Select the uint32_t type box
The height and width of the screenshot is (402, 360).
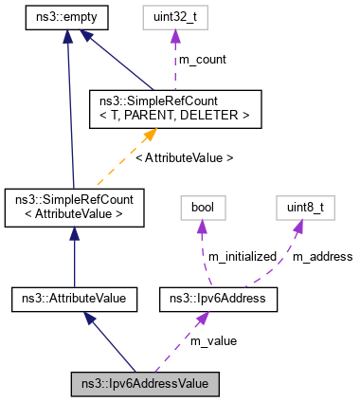pyautogui.click(x=174, y=16)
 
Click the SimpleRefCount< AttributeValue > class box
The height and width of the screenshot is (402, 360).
pyautogui.click(x=74, y=207)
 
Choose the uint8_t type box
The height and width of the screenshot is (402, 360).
pyautogui.click(x=302, y=207)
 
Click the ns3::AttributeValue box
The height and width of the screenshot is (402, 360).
pyautogui.click(x=74, y=300)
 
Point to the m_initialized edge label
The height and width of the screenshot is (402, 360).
pyautogui.click(x=241, y=256)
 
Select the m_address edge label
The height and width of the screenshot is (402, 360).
pyautogui.click(x=321, y=256)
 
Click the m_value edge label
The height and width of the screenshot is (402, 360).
pyautogui.click(x=213, y=340)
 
